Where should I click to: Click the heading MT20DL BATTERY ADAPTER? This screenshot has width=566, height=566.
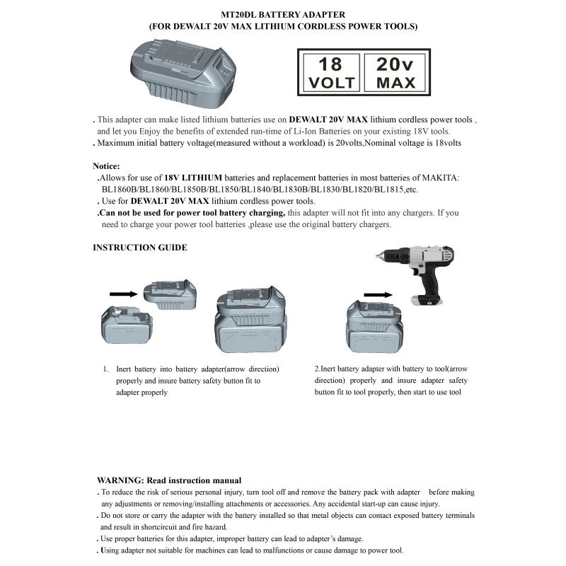click(x=282, y=14)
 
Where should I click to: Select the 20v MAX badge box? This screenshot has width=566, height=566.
click(x=396, y=72)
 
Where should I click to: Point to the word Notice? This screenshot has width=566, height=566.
click(x=106, y=166)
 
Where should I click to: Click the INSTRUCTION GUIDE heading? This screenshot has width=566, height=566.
click(x=140, y=248)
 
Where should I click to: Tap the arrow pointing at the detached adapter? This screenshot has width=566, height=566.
click(x=125, y=293)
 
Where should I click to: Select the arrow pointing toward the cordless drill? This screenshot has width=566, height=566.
click(x=377, y=294)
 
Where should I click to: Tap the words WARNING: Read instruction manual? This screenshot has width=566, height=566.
click(x=169, y=480)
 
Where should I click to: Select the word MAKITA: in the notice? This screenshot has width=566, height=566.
click(x=441, y=178)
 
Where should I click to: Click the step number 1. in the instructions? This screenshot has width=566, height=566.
click(x=105, y=369)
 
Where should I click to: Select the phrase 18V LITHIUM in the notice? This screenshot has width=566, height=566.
click(x=193, y=178)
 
